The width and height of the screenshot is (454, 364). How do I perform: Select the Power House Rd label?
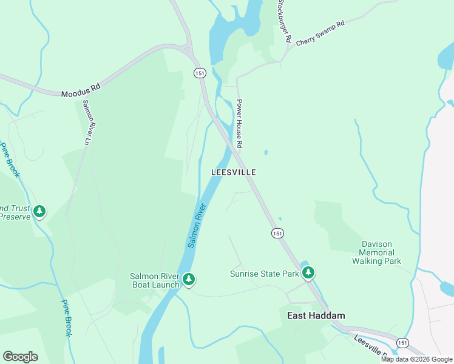[239, 124]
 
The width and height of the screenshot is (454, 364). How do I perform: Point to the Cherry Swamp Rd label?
[320, 32]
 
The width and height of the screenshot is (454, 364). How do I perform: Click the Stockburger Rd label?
[284, 21]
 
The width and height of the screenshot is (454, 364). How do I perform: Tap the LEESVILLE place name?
[234, 172]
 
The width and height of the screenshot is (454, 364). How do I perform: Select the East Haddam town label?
[316, 315]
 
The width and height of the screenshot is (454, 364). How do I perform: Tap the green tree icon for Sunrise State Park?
[309, 272]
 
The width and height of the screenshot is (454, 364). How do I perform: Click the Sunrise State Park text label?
[265, 274]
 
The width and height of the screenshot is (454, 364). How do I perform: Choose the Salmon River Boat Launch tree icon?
[189, 278]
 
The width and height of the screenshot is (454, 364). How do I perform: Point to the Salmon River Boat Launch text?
[155, 280]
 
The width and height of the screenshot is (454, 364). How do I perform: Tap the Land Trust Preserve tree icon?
[39, 211]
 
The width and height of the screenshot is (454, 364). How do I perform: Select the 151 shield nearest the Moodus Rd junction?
[200, 73]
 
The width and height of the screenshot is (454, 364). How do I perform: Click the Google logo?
[20, 357]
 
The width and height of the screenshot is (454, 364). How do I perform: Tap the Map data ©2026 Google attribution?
[416, 359]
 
